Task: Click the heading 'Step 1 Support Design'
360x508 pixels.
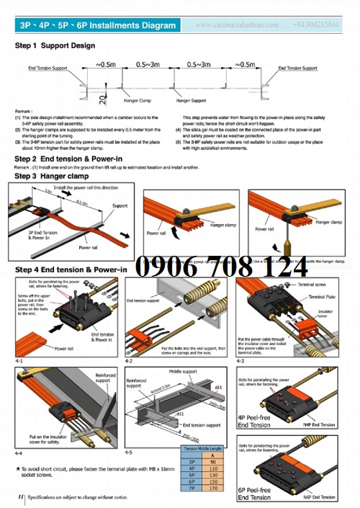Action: tap(55, 45)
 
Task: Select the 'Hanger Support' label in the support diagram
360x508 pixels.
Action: tap(192, 101)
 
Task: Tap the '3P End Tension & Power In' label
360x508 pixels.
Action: tap(44, 236)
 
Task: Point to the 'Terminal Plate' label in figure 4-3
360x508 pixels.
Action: tap(314, 295)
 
